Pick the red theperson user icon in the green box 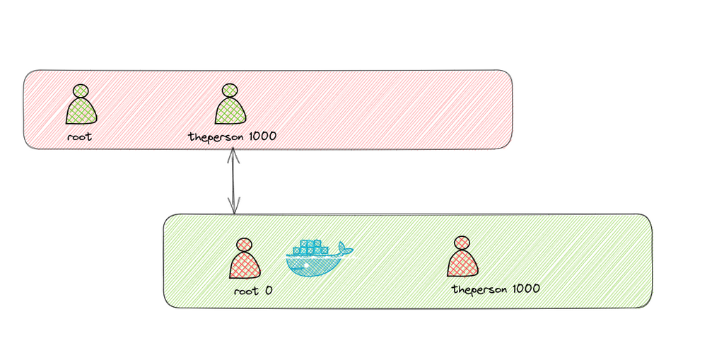pyautogui.click(x=462, y=258)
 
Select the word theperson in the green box pyautogui.click(x=477, y=289)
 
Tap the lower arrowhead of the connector pyautogui.click(x=233, y=208)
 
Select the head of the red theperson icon pyautogui.click(x=462, y=243)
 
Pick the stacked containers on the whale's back pyautogui.click(x=310, y=248)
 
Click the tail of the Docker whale pyautogui.click(x=344, y=249)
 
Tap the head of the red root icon pyautogui.click(x=244, y=244)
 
